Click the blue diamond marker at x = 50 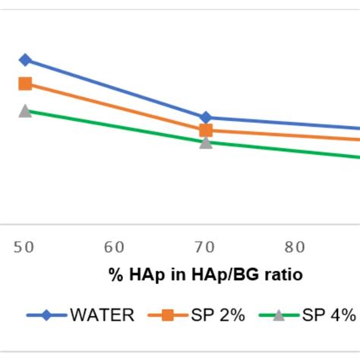[25, 60]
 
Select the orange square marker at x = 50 [25, 84]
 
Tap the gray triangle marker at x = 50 [25, 111]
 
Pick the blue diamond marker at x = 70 [206, 118]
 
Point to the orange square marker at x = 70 [206, 131]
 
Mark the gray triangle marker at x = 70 [206, 142]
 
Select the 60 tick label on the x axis [115, 246]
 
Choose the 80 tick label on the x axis [295, 246]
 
